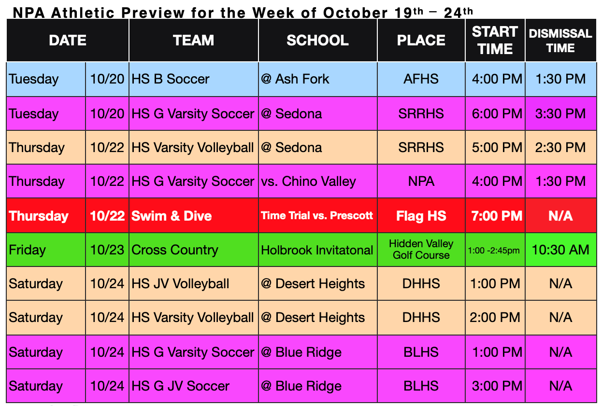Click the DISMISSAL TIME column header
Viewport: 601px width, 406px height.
coord(560,41)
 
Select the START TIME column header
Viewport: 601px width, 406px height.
coord(495,40)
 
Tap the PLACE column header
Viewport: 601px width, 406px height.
coord(421,40)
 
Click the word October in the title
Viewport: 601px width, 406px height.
coord(355,13)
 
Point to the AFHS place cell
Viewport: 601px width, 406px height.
coord(421,79)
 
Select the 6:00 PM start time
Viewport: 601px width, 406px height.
coord(497,114)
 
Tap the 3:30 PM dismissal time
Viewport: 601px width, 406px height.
coord(560,114)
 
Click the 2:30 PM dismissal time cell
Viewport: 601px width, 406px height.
coord(560,148)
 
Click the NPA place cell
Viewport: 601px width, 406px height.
coord(421,182)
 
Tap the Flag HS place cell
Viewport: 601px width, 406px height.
coord(421,216)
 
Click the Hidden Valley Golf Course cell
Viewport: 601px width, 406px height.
coord(421,250)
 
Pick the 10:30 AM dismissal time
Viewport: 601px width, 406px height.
coord(560,250)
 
